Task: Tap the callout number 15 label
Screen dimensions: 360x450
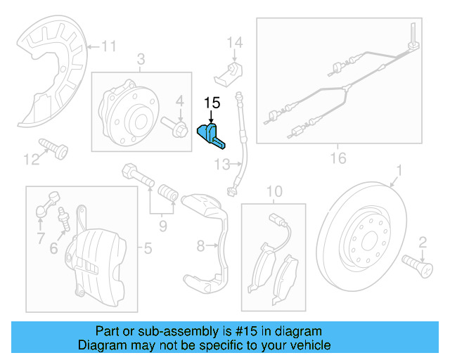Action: click(x=212, y=103)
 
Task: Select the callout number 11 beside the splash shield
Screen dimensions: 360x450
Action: click(x=108, y=47)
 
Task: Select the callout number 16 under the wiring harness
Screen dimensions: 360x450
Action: click(x=338, y=158)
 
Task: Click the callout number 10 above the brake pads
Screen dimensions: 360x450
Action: click(x=274, y=191)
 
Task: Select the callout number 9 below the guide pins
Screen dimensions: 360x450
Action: click(x=162, y=225)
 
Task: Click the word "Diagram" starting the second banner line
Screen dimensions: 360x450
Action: click(x=102, y=345)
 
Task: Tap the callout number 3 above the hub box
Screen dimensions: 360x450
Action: click(x=141, y=60)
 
